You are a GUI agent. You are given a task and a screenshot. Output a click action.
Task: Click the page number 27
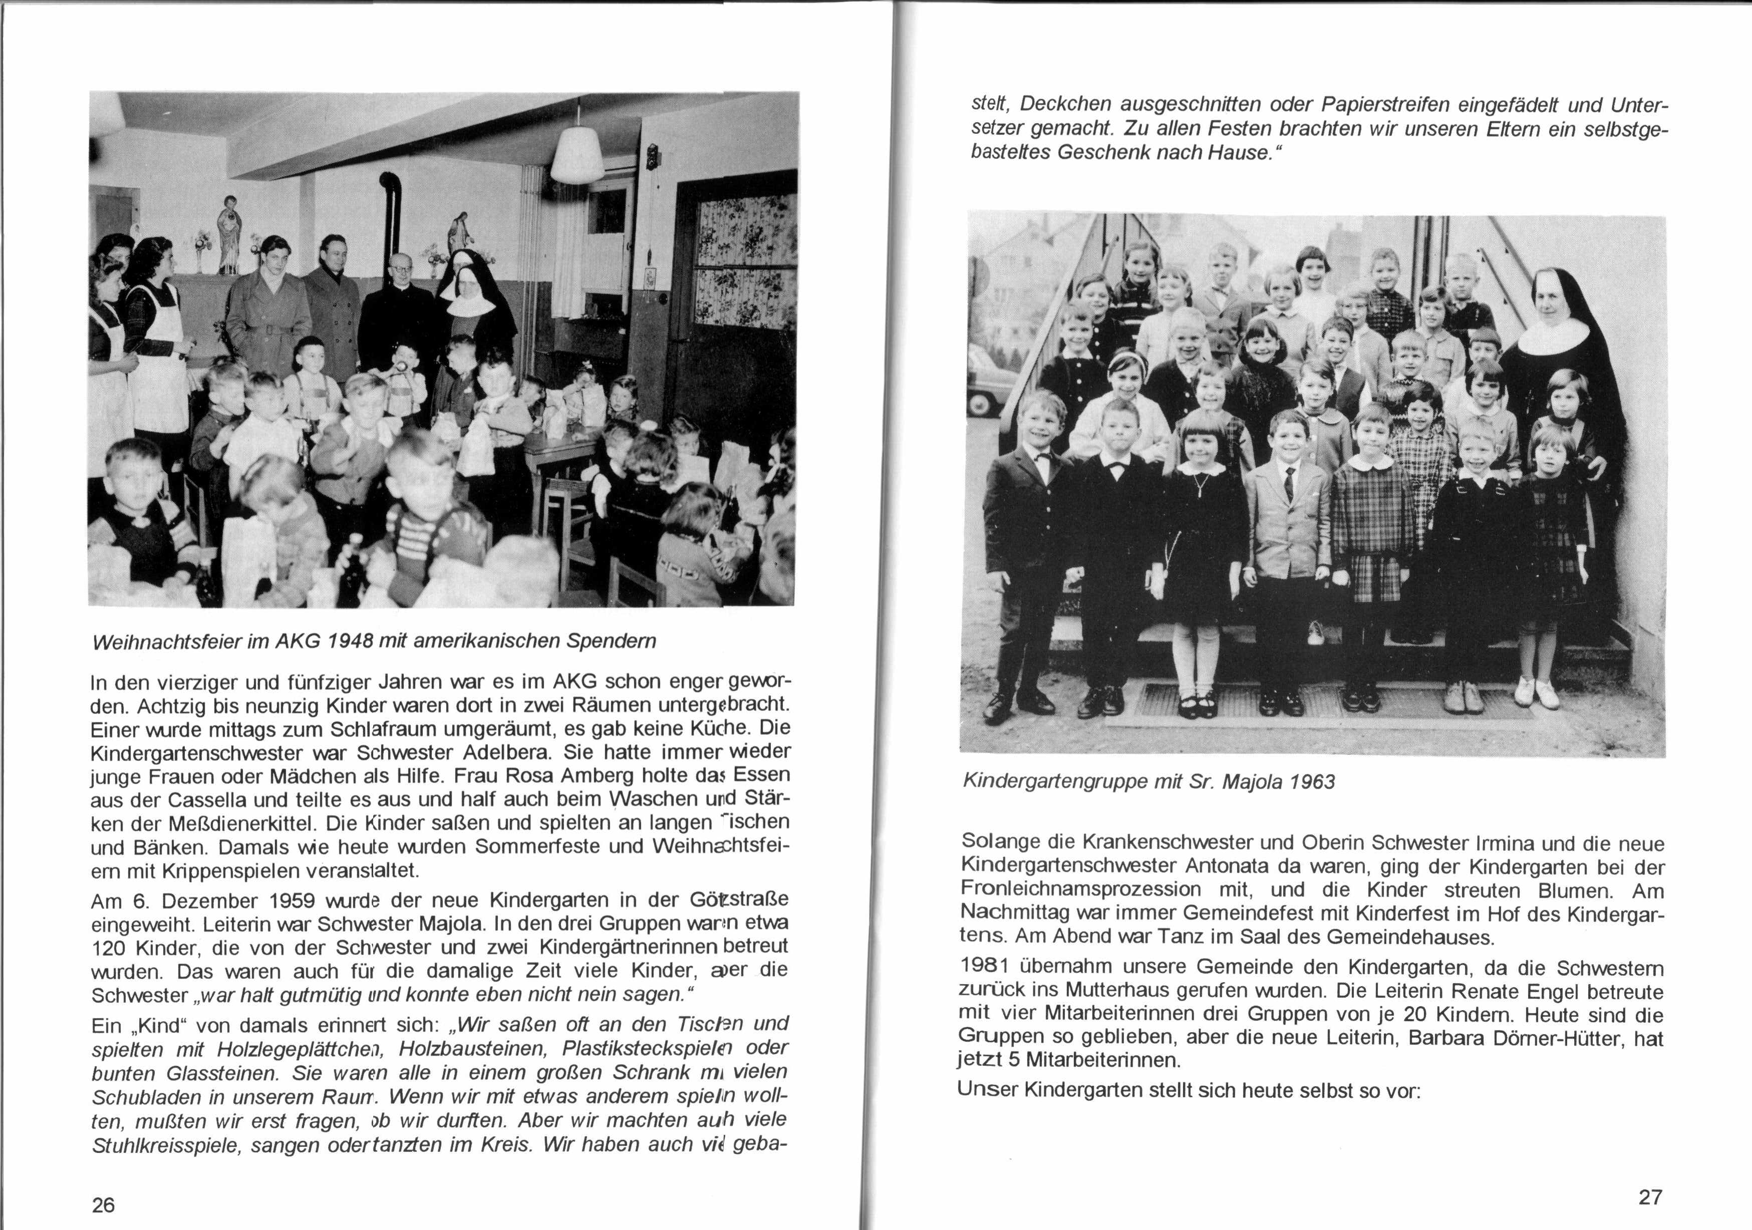pyautogui.click(x=1650, y=1196)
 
